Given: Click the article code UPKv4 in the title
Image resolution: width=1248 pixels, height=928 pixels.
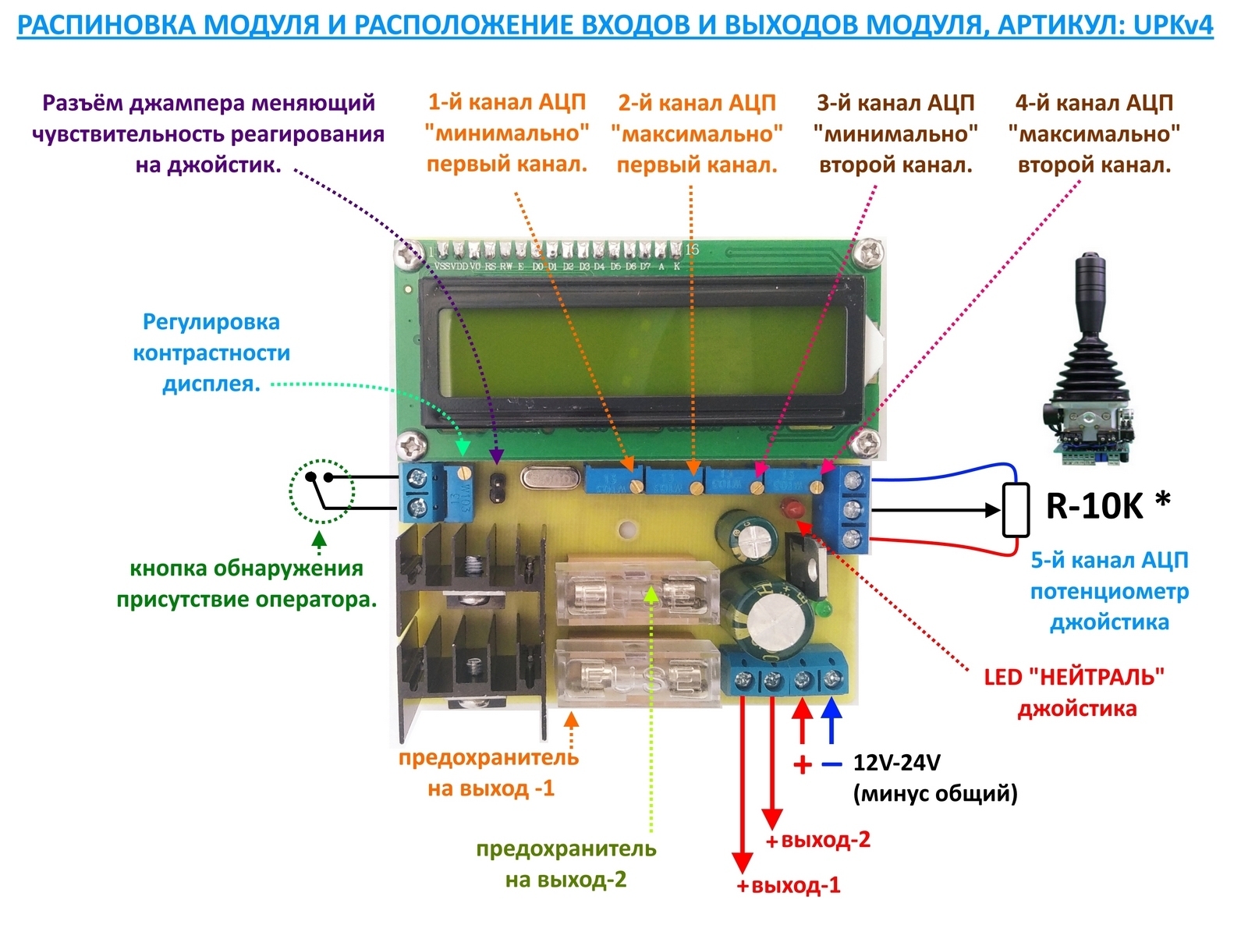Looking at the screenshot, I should tap(1174, 24).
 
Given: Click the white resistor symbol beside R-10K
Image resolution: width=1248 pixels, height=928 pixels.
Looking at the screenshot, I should tap(1016, 510).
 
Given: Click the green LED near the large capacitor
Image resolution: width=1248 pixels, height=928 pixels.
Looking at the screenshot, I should tap(821, 608).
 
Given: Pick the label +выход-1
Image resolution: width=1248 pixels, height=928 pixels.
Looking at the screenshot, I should tap(789, 885).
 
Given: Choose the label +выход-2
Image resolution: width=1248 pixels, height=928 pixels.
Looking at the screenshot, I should tap(818, 840).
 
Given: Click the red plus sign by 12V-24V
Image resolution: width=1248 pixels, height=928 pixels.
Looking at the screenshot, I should tap(802, 764).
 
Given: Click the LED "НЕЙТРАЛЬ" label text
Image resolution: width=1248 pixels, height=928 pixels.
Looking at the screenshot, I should tap(1074, 677).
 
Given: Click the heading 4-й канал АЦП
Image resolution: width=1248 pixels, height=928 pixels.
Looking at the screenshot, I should tap(1094, 102).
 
